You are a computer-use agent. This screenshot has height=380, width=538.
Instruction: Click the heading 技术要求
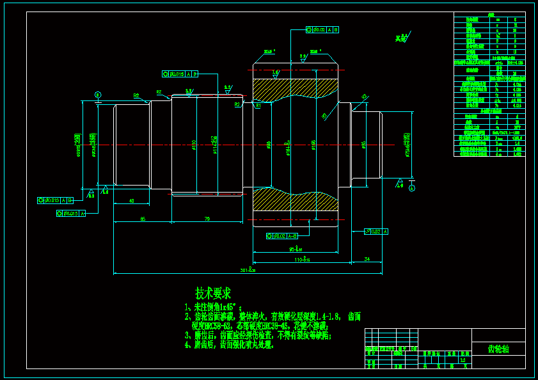click(213, 293)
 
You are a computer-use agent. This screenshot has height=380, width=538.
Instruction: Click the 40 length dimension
click(131, 201)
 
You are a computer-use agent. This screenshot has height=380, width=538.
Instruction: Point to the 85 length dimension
click(142, 219)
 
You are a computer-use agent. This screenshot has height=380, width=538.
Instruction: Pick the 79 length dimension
click(207, 219)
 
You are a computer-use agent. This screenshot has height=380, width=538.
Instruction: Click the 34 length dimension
click(367, 259)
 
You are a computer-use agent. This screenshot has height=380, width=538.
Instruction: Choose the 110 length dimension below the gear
click(301, 260)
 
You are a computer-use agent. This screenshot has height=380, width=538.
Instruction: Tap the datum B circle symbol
click(98, 94)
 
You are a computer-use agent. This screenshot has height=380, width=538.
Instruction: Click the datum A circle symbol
click(411, 188)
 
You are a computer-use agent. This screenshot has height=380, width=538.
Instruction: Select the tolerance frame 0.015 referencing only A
click(71, 213)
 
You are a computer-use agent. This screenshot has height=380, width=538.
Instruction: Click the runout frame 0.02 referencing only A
click(376, 231)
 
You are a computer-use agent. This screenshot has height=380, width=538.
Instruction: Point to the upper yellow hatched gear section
click(295, 90)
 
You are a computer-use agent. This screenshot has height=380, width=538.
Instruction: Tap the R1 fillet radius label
click(258, 106)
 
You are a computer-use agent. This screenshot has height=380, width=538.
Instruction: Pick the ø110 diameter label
click(194, 145)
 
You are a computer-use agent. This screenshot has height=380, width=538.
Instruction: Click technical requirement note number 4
click(230, 344)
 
